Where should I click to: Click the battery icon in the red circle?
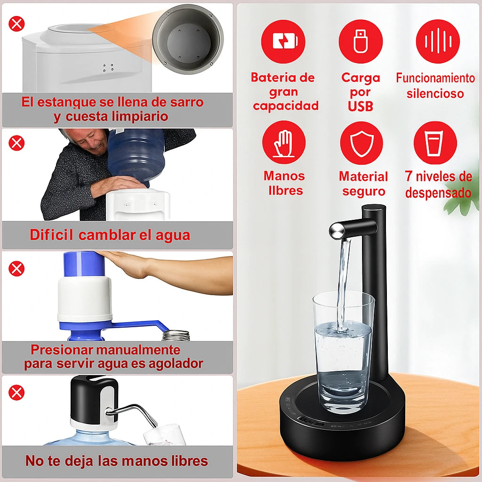pyautogui.click(x=283, y=41)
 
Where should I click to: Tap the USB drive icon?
pyautogui.click(x=361, y=41)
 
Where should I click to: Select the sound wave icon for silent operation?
pyautogui.click(x=438, y=41)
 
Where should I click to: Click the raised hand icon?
pyautogui.click(x=284, y=142)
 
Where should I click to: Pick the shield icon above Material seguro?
pyautogui.click(x=361, y=142)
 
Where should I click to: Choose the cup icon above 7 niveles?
pyautogui.click(x=435, y=142)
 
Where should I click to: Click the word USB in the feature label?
pyautogui.click(x=361, y=106)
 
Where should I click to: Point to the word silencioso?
pyautogui.click(x=435, y=93)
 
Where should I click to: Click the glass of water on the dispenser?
pyautogui.click(x=343, y=351)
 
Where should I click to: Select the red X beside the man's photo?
pyautogui.click(x=16, y=142)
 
